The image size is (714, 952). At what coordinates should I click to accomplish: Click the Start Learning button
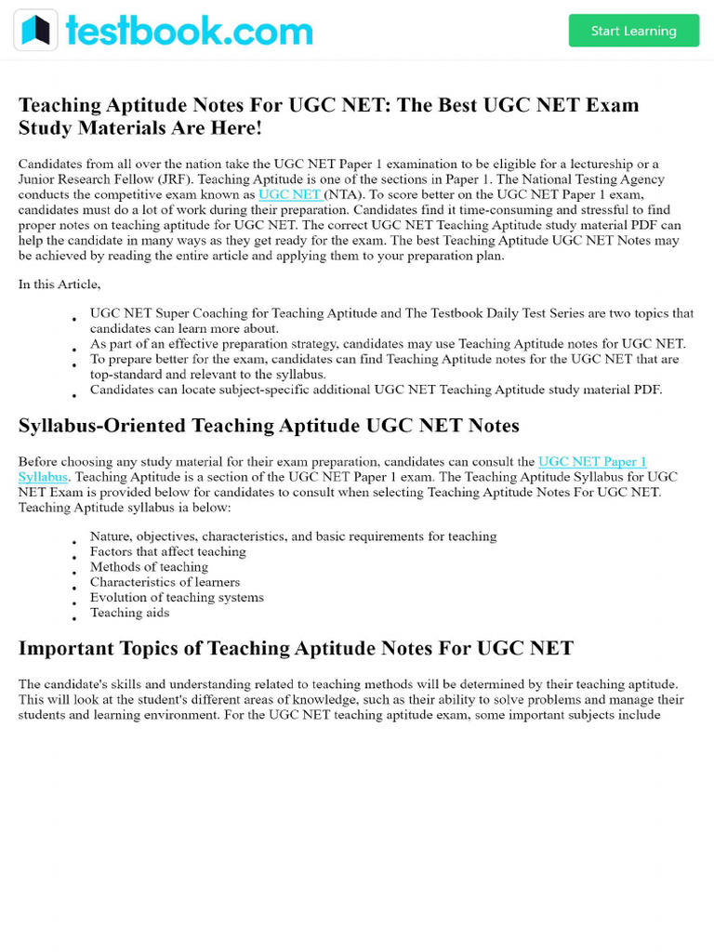click(x=633, y=31)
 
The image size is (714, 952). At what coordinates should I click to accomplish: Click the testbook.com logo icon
click(x=35, y=31)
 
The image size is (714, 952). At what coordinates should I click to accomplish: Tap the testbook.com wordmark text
click(x=189, y=31)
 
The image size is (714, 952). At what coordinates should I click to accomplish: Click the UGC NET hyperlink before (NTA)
click(x=289, y=194)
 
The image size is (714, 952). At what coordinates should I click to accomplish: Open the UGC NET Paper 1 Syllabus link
click(x=591, y=461)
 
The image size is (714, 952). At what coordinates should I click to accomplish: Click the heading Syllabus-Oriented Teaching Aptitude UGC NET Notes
click(x=269, y=426)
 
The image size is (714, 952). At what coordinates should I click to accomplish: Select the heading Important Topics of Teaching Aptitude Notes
click(x=296, y=648)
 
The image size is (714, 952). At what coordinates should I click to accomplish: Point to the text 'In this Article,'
click(x=59, y=284)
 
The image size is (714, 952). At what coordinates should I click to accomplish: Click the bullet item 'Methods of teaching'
click(x=149, y=567)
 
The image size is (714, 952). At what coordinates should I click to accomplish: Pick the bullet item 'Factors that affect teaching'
click(x=167, y=551)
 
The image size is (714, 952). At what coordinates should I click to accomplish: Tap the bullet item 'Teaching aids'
click(x=129, y=613)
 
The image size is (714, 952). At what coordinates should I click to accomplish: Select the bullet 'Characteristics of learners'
click(x=165, y=582)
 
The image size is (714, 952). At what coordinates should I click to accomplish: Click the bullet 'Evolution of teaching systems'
click(x=177, y=598)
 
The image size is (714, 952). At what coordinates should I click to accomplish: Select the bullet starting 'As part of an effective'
click(x=387, y=344)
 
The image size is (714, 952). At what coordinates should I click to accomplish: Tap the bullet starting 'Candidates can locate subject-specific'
click(x=376, y=390)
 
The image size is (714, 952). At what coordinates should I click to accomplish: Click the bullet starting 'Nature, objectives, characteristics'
click(x=293, y=536)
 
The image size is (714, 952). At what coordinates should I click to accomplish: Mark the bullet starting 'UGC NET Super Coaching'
click(x=391, y=314)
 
